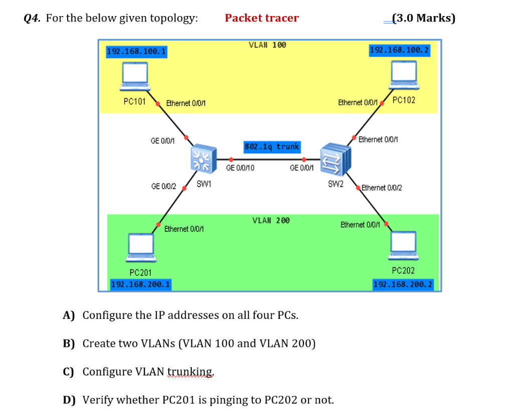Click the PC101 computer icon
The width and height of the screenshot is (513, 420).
point(135,75)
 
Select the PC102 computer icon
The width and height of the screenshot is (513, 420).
point(404,73)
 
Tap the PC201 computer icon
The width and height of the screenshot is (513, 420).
point(141,245)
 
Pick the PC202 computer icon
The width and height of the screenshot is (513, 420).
point(403,244)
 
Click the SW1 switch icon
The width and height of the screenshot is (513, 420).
point(203,160)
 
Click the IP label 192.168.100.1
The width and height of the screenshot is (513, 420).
point(137,52)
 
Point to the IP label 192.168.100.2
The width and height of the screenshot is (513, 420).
point(399,51)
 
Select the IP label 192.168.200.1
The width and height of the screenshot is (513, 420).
point(141,284)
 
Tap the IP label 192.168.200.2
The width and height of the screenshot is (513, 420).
point(403,284)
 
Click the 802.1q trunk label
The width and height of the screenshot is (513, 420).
point(272,147)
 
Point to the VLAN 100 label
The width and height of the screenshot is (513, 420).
point(268,45)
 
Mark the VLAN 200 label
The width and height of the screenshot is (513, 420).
point(271,220)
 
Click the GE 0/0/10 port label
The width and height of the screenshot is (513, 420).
point(240,168)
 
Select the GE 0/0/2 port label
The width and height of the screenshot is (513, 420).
point(163,186)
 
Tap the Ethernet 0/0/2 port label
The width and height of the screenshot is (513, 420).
point(381,188)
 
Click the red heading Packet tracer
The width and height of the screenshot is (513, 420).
point(262,18)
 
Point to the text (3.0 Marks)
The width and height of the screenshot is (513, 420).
point(423,19)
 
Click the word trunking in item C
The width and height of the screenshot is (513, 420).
point(190,371)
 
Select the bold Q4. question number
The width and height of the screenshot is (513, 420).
point(33,19)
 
